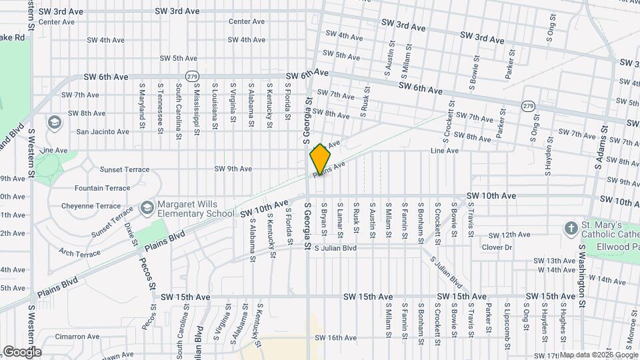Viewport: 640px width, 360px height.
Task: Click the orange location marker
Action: click(x=320, y=159)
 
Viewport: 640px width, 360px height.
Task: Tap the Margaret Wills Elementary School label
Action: click(x=196, y=209)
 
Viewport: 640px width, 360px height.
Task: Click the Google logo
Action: click(x=22, y=351)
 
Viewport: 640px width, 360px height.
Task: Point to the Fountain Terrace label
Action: click(x=102, y=189)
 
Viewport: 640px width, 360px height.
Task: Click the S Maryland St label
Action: click(x=142, y=105)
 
